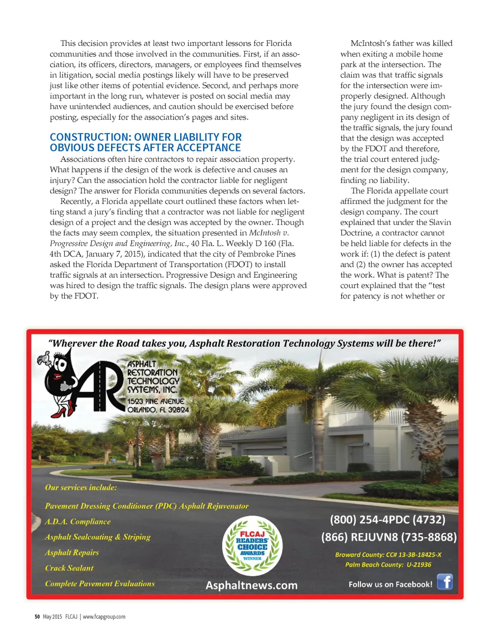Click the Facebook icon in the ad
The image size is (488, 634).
coord(445,582)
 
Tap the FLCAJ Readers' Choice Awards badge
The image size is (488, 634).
coord(252,546)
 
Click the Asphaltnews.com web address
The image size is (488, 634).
coord(252,585)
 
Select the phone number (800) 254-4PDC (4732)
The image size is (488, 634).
coord(387,520)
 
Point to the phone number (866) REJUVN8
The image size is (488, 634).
coord(389,537)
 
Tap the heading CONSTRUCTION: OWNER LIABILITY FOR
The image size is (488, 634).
coord(146,137)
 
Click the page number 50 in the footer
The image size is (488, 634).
coord(37,617)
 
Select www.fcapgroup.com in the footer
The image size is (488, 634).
coord(104,617)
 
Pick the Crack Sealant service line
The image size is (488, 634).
coord(69,568)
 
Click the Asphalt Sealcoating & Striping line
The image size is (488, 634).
coord(98,537)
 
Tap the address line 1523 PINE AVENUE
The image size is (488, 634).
coord(156,402)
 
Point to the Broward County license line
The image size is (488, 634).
coord(388,555)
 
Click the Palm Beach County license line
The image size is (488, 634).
coord(388,565)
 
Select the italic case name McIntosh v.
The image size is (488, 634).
coord(269,233)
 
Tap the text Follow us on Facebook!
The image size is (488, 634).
coord(390,584)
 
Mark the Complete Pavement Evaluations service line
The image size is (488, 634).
coord(100,584)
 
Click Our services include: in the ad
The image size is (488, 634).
coord(81,488)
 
